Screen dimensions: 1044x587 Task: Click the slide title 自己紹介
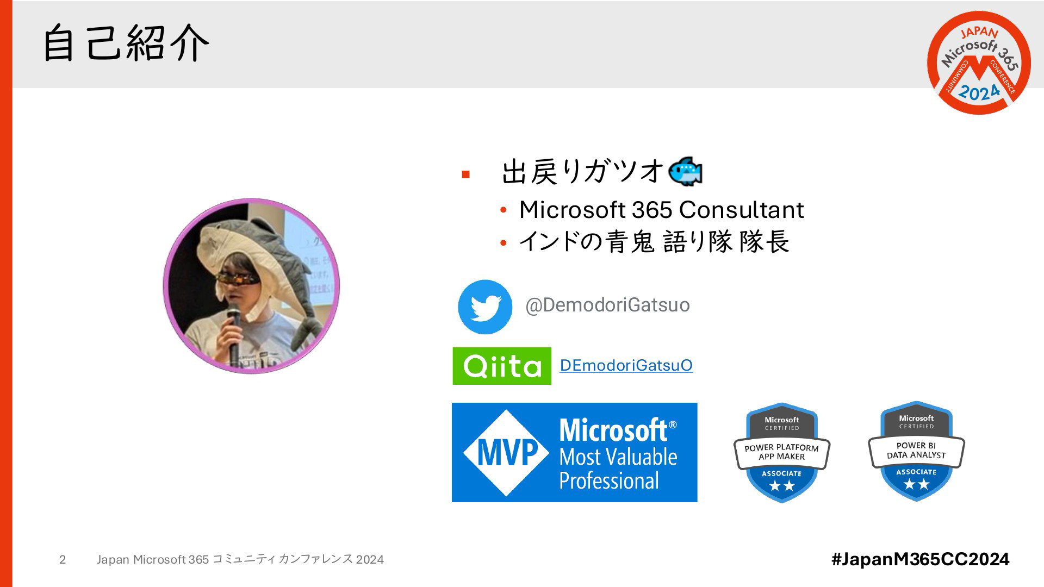(126, 42)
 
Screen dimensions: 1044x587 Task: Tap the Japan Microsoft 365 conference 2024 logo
(979, 63)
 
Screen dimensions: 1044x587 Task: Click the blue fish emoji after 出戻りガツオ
(685, 172)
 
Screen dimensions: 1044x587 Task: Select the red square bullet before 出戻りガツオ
(465, 174)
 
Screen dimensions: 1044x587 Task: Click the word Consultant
(741, 210)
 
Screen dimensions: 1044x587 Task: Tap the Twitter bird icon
(485, 307)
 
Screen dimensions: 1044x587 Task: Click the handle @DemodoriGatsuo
(607, 305)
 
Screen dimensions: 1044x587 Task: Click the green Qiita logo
(502, 366)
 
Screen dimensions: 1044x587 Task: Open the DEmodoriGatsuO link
(626, 365)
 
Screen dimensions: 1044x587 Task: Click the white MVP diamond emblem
(506, 453)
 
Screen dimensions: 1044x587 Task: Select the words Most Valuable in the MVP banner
(618, 457)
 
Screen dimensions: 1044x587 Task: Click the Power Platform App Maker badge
(782, 453)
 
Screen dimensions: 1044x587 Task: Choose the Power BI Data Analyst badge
(916, 452)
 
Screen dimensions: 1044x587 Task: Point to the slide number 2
(63, 560)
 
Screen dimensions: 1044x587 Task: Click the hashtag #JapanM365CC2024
(921, 559)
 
